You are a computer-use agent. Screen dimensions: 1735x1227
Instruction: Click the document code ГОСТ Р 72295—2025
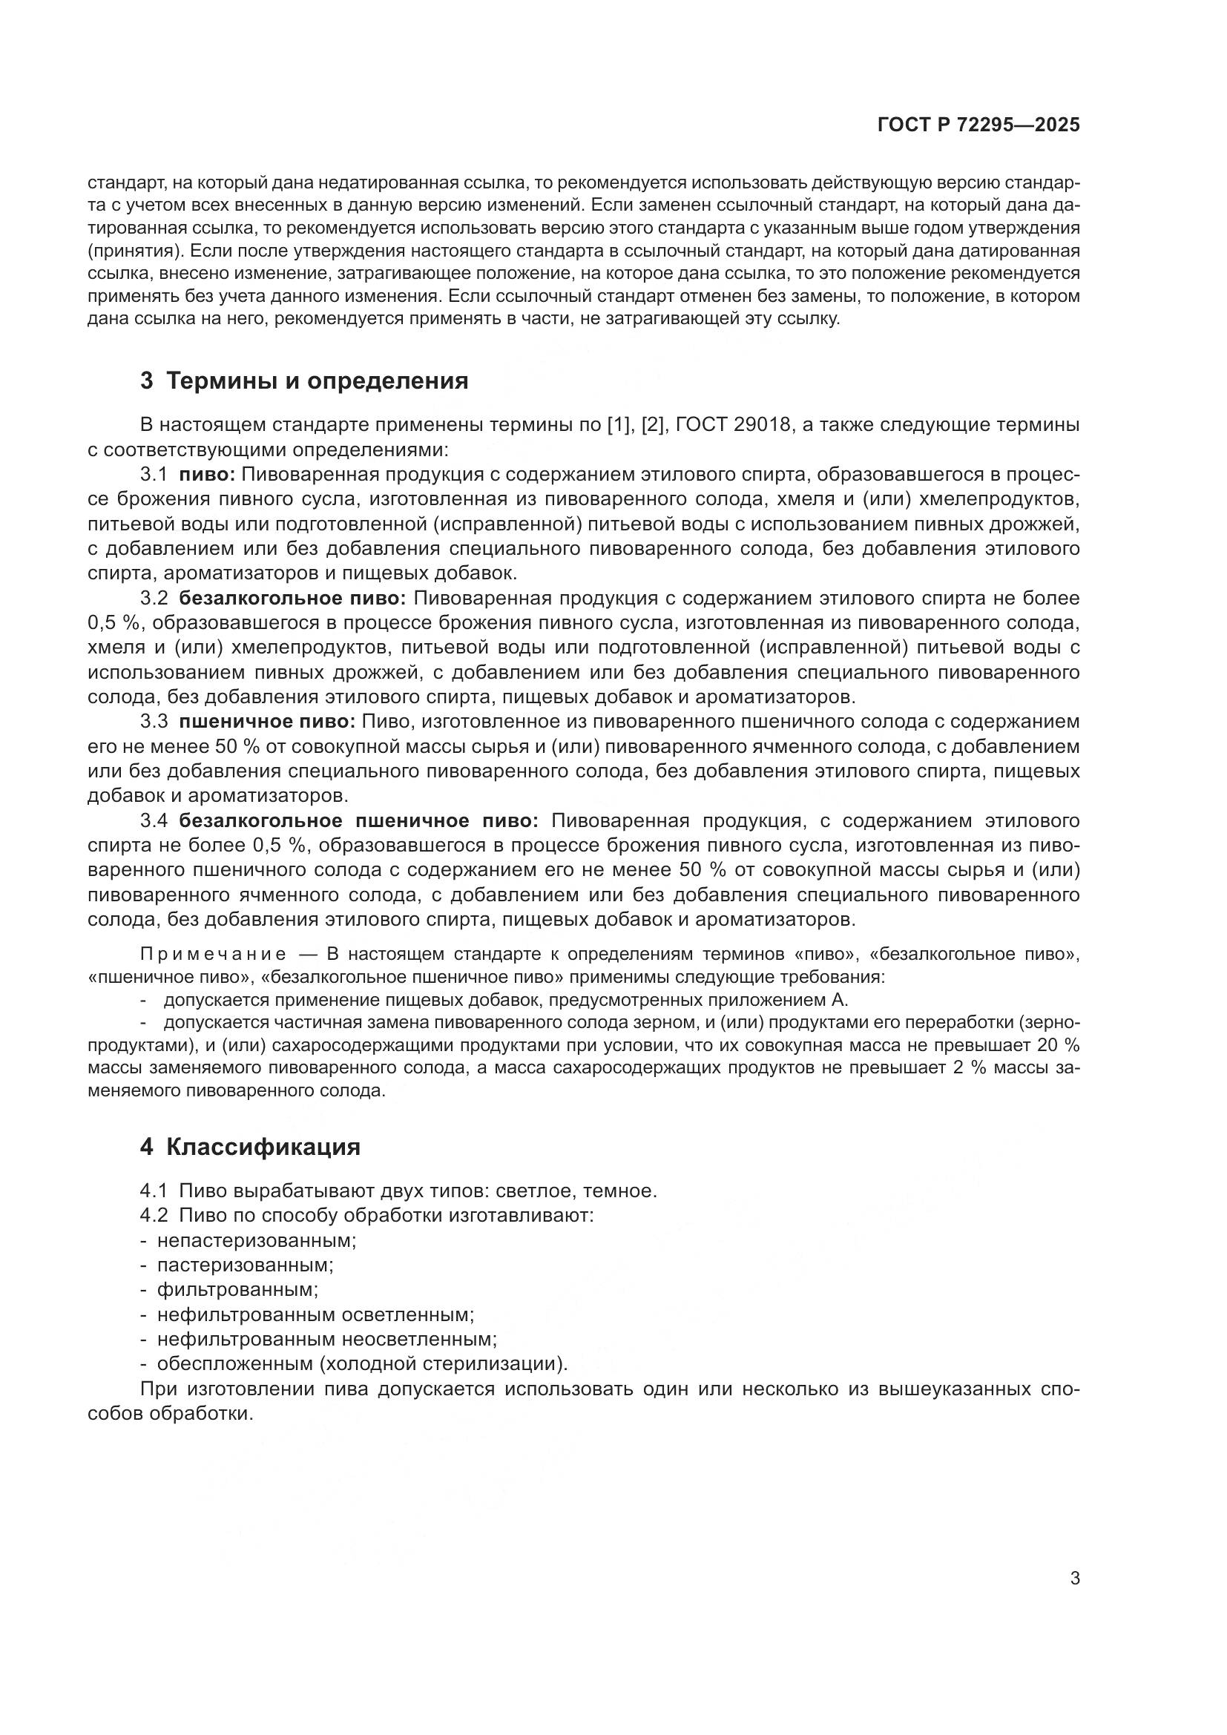click(x=978, y=125)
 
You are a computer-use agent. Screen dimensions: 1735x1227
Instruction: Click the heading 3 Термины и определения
click(x=303, y=381)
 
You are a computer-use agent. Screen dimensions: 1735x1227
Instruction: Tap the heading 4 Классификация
click(x=250, y=1147)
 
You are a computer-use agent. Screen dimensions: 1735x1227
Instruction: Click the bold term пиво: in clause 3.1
click(x=208, y=475)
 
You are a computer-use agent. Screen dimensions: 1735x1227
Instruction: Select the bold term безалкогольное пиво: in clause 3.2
click(x=292, y=599)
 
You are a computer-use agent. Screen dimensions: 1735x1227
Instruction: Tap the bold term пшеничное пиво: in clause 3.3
click(x=267, y=722)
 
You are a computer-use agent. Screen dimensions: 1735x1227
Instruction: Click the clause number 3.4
click(x=154, y=820)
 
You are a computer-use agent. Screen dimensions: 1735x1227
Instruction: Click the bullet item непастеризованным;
click(x=257, y=1240)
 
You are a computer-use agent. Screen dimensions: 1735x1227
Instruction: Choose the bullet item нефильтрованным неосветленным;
click(x=326, y=1339)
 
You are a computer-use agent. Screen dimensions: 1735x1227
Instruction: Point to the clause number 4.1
click(x=154, y=1191)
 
